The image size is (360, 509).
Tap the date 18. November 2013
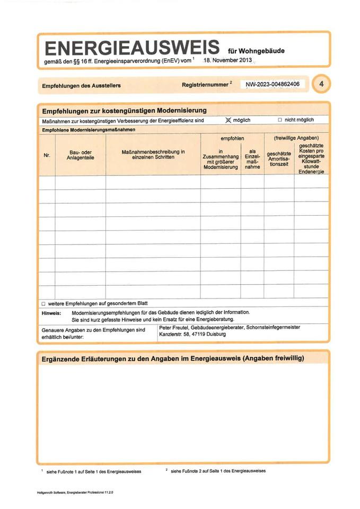tap(227, 61)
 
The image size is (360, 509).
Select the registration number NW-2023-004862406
tap(273, 84)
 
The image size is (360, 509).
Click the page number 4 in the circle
tap(321, 84)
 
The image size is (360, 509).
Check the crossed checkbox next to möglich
tap(229, 120)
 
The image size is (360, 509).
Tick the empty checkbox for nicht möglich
tap(279, 120)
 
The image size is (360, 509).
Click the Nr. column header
tap(47, 155)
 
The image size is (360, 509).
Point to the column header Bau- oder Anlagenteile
tap(80, 155)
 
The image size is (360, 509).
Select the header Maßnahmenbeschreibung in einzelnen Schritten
tap(153, 154)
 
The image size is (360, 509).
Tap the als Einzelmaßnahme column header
tap(252, 159)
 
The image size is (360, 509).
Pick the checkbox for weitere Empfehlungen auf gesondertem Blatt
tap(43, 304)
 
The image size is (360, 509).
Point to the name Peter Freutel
tap(176, 328)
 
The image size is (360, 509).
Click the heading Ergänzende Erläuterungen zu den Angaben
tap(172, 358)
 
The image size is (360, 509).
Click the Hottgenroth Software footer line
tap(75, 493)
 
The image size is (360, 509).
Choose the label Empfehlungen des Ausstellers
tap(81, 85)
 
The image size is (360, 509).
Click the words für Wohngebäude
tap(256, 51)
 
